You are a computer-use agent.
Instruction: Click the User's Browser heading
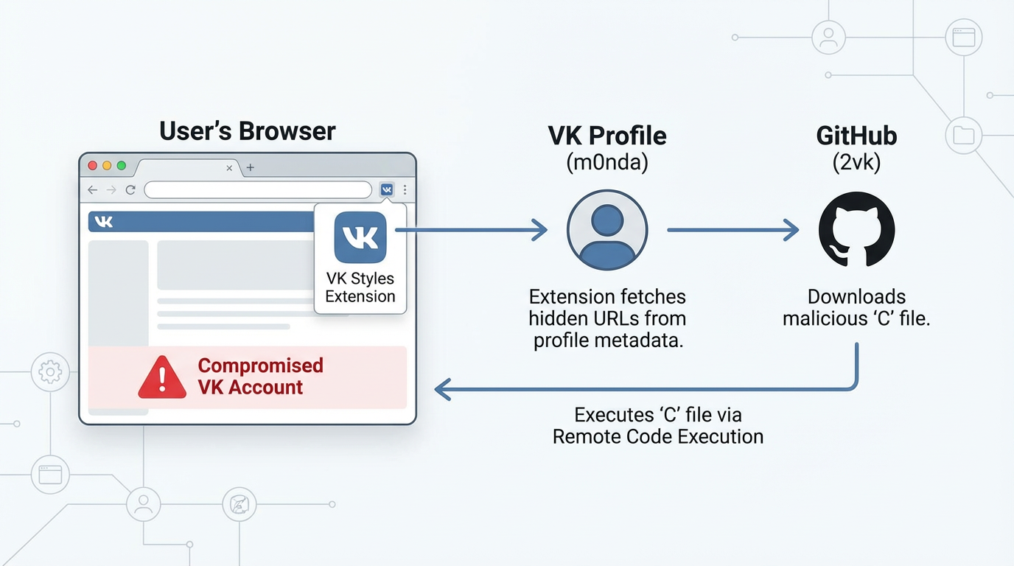point(247,131)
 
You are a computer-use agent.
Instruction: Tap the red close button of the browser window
point(93,167)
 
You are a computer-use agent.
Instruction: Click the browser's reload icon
point(130,190)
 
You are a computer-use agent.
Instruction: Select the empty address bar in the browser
point(258,190)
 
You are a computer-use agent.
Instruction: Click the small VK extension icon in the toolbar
point(386,190)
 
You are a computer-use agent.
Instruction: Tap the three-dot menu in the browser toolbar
point(405,190)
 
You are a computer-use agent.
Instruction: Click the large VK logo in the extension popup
point(360,237)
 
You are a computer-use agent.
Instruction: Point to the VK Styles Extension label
point(360,287)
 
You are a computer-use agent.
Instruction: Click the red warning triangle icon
point(162,377)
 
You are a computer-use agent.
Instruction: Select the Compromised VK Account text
point(260,377)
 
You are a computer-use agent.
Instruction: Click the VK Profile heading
point(607,136)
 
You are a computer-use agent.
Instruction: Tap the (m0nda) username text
point(607,162)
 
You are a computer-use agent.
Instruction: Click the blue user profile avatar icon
point(607,230)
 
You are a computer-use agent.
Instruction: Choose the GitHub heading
point(856,136)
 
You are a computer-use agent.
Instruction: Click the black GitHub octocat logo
point(856,230)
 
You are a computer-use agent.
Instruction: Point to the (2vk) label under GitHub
point(856,162)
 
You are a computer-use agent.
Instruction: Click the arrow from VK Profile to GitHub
point(732,230)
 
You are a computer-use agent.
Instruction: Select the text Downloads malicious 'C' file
point(856,308)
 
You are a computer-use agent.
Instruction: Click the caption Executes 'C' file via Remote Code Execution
point(658,425)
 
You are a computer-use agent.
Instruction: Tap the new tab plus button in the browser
point(251,168)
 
